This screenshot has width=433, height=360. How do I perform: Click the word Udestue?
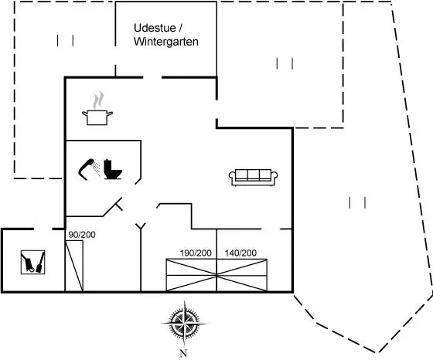[155, 28]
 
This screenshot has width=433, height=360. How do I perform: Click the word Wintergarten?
[166, 42]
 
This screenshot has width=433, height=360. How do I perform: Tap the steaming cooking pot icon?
[97, 108]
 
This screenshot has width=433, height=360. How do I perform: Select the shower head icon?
[89, 169]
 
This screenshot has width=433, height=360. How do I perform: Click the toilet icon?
[113, 169]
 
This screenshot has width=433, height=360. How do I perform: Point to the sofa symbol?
[254, 177]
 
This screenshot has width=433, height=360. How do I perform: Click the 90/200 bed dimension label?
[82, 235]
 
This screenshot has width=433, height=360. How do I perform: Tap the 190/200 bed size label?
[196, 253]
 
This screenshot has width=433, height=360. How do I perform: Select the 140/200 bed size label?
[240, 253]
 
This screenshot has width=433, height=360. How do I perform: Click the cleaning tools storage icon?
[32, 262]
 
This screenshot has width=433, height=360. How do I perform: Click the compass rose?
[184, 323]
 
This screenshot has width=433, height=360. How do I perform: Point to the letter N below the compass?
[183, 353]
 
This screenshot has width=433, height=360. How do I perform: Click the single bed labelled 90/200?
[74, 266]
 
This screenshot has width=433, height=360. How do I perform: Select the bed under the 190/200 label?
[192, 275]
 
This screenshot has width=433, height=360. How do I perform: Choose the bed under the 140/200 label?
[242, 275]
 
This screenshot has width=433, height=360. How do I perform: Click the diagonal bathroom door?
[113, 207]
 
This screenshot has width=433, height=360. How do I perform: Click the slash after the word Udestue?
[181, 28]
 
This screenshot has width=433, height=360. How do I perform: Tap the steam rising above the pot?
[98, 100]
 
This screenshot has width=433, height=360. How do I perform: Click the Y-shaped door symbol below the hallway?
[141, 226]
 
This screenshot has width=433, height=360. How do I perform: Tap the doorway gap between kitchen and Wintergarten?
[152, 77]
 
